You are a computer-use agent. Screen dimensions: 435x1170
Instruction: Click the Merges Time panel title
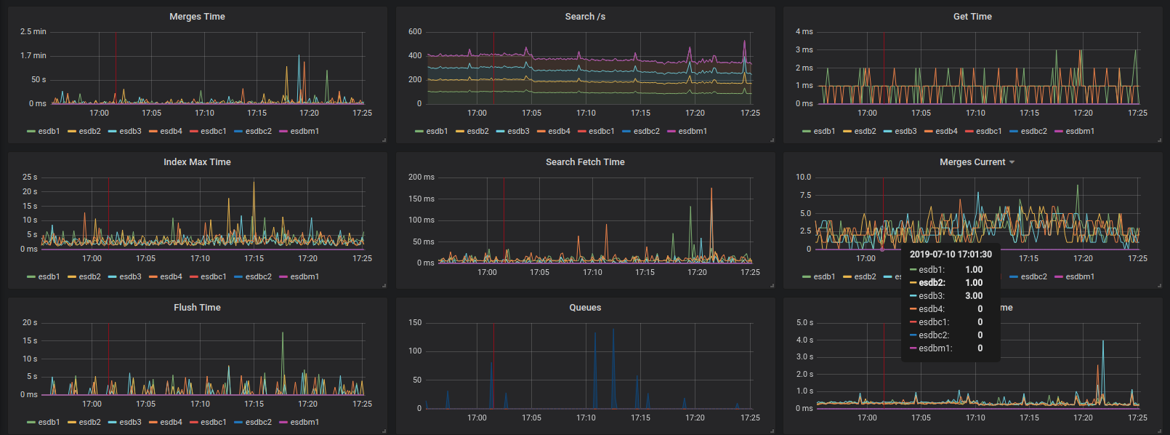tap(197, 17)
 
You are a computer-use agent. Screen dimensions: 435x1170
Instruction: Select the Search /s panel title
tap(585, 17)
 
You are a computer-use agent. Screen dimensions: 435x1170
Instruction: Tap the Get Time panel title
tap(972, 17)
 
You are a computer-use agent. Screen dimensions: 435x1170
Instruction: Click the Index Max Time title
tap(197, 162)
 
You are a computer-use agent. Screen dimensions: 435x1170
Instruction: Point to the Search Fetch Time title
tap(585, 162)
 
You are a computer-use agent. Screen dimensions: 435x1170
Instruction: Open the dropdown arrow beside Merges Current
tap(1012, 162)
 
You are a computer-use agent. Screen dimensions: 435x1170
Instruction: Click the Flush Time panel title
tap(197, 308)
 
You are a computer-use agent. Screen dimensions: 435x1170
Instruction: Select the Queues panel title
tap(585, 308)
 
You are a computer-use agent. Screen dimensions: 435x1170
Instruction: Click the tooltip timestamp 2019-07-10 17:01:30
tap(951, 255)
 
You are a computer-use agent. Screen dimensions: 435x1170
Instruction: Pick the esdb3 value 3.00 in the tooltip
tap(974, 296)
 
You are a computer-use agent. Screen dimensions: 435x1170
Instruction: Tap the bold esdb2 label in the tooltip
tap(932, 283)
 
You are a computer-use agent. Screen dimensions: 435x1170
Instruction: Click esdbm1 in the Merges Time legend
tap(304, 132)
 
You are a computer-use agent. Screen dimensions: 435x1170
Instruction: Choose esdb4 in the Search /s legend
tap(559, 132)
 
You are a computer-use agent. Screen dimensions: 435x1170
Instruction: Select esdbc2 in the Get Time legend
tap(1033, 132)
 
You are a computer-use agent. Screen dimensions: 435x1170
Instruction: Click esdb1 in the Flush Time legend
tap(49, 423)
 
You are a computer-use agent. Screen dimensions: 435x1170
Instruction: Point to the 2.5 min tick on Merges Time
tap(33, 32)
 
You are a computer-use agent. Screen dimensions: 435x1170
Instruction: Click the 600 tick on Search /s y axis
tap(415, 32)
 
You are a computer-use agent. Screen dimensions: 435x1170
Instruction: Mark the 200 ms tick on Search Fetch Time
tap(421, 177)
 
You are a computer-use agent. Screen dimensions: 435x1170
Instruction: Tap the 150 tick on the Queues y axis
tap(415, 323)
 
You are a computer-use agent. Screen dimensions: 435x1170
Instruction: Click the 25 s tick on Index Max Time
tap(30, 177)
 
